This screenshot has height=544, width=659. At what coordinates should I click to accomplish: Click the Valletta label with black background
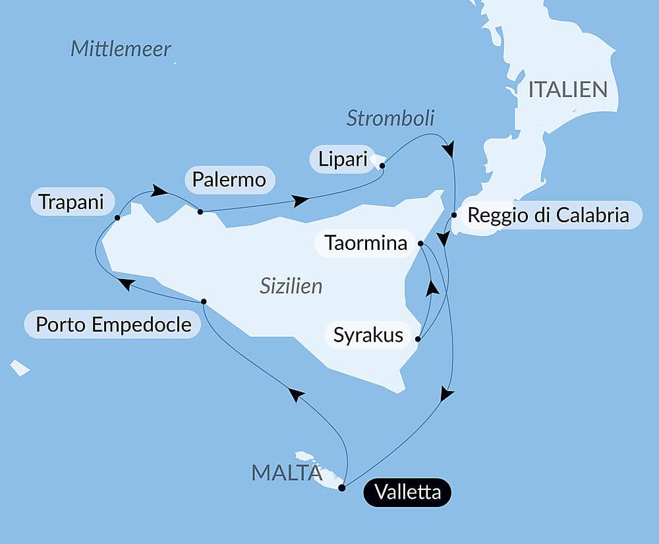(407, 493)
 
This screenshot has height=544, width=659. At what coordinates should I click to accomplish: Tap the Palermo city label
(230, 179)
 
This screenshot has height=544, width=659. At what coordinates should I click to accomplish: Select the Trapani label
(71, 202)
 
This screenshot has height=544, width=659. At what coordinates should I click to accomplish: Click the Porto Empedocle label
(113, 324)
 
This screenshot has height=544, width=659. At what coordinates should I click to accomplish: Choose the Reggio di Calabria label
(548, 215)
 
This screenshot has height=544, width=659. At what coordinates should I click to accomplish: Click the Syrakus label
(368, 335)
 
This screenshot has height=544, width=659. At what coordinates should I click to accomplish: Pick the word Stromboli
(391, 118)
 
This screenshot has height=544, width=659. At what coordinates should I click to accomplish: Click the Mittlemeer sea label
(121, 49)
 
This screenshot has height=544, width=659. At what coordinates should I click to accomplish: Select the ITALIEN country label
(567, 90)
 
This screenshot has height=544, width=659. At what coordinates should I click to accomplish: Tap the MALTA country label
(285, 472)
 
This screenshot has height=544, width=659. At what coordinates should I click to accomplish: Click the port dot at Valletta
(341, 488)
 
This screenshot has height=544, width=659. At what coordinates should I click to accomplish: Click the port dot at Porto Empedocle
(204, 301)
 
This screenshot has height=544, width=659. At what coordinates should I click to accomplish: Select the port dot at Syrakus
(418, 340)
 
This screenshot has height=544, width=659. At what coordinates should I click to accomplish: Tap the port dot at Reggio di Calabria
(454, 215)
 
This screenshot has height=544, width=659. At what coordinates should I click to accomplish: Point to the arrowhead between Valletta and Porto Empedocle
(297, 394)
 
